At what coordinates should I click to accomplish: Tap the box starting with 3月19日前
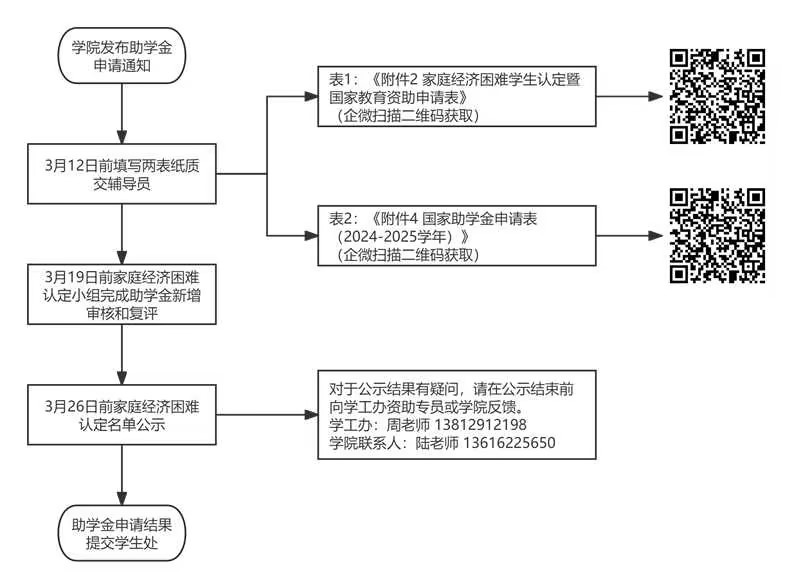point(122,294)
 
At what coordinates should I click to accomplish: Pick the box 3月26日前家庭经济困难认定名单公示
point(122,414)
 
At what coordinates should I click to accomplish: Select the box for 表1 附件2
point(455,98)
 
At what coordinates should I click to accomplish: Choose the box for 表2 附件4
point(455,236)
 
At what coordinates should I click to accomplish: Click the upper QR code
point(717,97)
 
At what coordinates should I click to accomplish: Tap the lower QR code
point(717,236)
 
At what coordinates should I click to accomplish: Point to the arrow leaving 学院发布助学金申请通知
point(122,115)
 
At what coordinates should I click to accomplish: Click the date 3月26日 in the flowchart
point(68,406)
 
